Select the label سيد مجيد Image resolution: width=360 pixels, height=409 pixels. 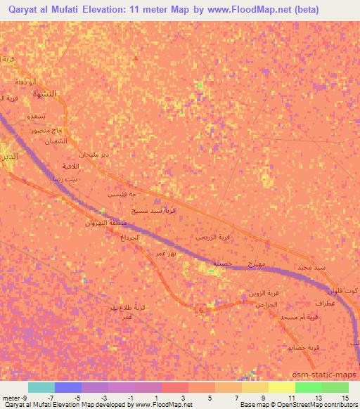pos(310,268)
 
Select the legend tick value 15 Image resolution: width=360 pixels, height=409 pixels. pos(345,397)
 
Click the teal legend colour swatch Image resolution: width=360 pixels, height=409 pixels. pos(41,387)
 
